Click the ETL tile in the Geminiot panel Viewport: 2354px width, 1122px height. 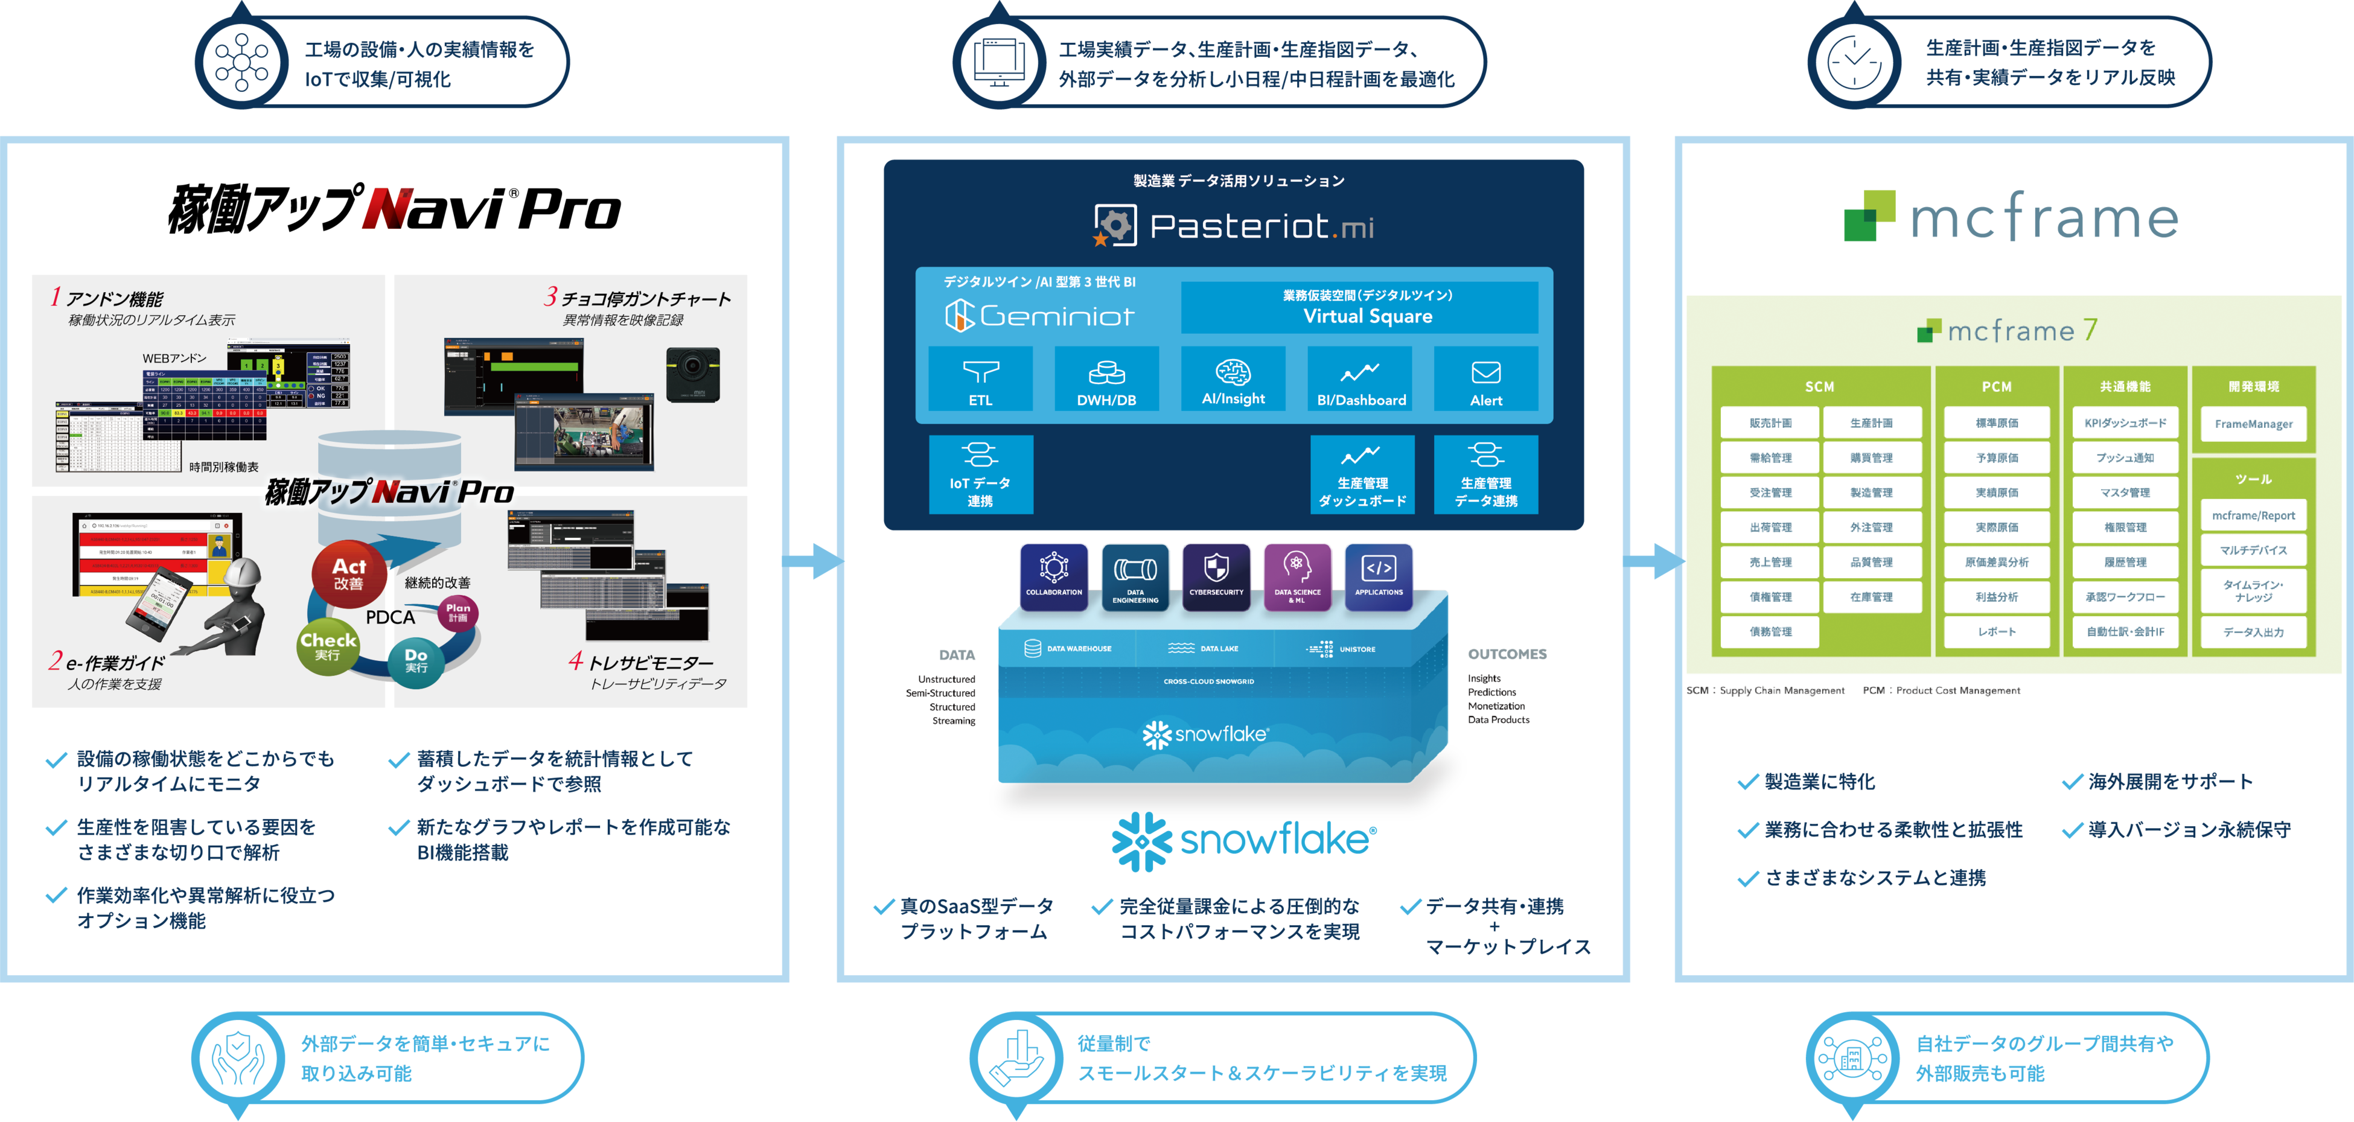tap(980, 379)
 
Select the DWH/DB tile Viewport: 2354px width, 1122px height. tap(1106, 379)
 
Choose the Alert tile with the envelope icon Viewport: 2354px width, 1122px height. tap(1486, 379)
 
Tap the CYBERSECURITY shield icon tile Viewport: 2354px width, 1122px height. tap(1216, 576)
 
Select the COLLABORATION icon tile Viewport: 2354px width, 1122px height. tap(1054, 576)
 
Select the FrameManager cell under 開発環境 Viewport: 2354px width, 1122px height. tap(2253, 424)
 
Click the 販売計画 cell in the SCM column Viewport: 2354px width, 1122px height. tap(1770, 423)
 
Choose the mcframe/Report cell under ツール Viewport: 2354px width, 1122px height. tap(2253, 515)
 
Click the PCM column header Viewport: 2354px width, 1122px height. tap(1997, 386)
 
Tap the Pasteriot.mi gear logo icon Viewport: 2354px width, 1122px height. tap(1115, 225)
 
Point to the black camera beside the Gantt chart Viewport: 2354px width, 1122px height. tap(693, 374)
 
